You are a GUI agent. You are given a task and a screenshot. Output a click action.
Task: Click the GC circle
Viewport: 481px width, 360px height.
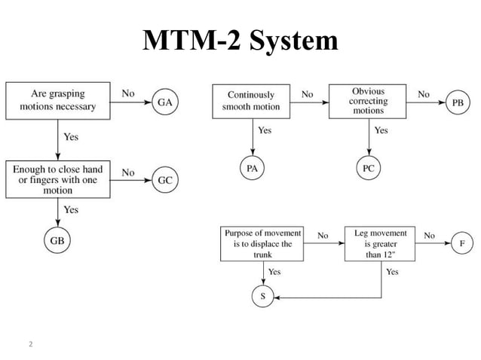point(166,181)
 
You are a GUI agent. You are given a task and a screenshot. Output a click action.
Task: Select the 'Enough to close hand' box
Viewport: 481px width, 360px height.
point(57,180)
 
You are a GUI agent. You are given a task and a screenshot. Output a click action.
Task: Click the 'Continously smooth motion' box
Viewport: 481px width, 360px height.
point(250,101)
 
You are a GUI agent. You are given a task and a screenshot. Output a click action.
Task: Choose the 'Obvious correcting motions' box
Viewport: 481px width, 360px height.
point(368,101)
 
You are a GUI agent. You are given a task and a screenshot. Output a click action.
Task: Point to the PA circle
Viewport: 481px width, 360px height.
point(251,169)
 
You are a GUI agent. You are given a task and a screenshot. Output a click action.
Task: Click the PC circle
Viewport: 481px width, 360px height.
point(368,169)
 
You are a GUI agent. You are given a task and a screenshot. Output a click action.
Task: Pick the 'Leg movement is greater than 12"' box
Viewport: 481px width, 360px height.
point(380,244)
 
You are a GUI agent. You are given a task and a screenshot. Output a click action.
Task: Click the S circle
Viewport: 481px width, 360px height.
point(262,297)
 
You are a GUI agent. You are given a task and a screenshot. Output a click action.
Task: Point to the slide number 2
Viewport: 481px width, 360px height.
point(30,345)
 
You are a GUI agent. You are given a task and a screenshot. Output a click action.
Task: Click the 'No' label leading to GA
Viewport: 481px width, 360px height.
point(128,93)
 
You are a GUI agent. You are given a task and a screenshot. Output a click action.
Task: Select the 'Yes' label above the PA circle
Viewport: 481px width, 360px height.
point(265,130)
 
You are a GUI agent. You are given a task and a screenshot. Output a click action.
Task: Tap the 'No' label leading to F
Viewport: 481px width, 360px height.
point(429,236)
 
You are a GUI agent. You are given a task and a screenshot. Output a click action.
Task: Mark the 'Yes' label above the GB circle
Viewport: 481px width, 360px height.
point(70,210)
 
